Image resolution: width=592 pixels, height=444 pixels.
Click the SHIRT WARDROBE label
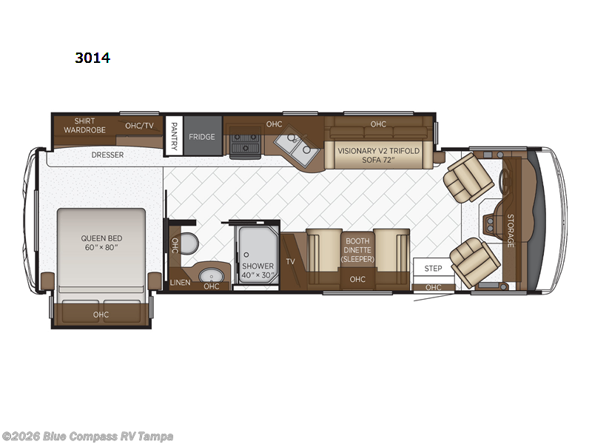coord(89,125)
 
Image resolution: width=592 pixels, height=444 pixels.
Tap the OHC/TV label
coord(139,125)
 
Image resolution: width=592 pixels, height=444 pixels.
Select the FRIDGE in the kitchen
coord(201,137)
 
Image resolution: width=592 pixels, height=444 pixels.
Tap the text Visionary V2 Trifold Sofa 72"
coord(378,155)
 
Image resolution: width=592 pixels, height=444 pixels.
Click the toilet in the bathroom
coord(190,243)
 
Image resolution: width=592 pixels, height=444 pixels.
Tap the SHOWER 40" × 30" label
coord(258,271)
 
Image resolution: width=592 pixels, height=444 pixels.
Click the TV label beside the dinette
coord(290,262)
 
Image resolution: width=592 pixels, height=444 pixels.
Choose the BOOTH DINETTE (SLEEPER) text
coord(358,249)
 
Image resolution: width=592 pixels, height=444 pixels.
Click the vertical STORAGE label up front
coord(510,230)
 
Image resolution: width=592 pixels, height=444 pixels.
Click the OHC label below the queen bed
coord(101,314)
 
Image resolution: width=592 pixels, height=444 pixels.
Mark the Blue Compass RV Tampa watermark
coord(87,436)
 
